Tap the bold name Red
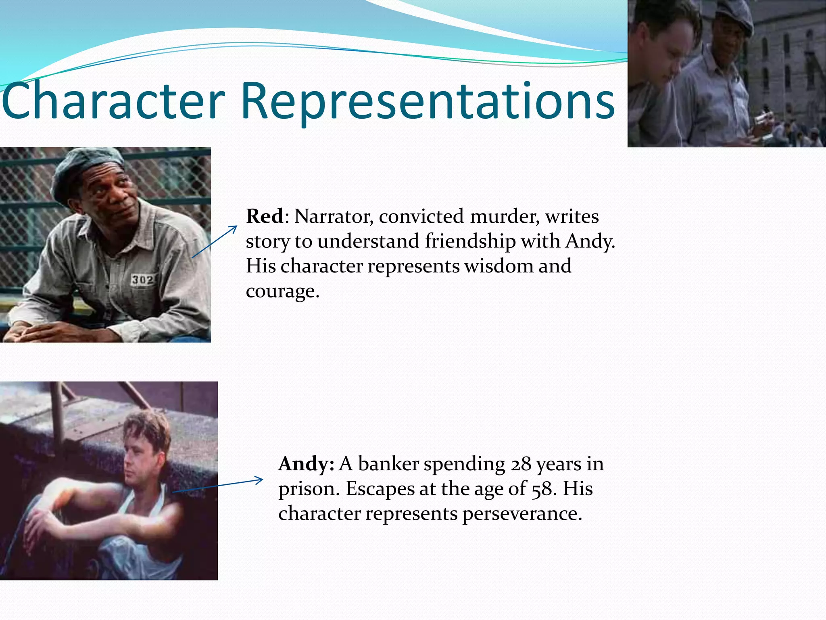tap(265, 216)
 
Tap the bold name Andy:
tap(306, 463)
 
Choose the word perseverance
tap(522, 513)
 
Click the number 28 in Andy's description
tap(521, 464)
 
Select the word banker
tap(389, 464)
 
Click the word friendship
tap(470, 241)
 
